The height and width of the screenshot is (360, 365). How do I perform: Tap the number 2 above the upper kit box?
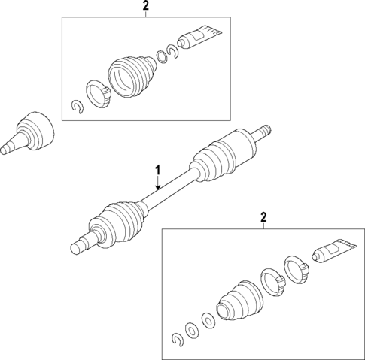coord(146,7)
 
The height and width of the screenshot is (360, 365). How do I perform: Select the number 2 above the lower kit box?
coord(263,218)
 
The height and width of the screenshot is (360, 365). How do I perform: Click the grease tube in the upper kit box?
coord(199,35)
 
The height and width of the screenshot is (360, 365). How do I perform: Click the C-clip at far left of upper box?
coord(75,109)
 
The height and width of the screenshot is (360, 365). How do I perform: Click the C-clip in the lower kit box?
coord(177,340)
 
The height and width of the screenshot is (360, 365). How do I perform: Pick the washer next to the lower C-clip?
coord(191,331)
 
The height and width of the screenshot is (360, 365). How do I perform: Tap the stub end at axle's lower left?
coord(78,245)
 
